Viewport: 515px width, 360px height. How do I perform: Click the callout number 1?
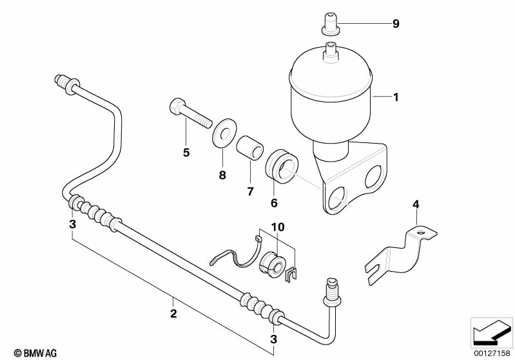click(x=396, y=98)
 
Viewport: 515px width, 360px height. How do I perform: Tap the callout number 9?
click(x=396, y=24)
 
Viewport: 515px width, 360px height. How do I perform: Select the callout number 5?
click(x=186, y=153)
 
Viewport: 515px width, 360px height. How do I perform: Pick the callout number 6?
click(x=275, y=202)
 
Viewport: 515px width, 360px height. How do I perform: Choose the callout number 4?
click(x=416, y=205)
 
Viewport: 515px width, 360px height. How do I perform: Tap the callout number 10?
click(x=277, y=227)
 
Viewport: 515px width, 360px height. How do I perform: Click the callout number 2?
click(x=173, y=314)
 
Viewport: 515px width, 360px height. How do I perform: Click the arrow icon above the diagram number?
click(x=492, y=332)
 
